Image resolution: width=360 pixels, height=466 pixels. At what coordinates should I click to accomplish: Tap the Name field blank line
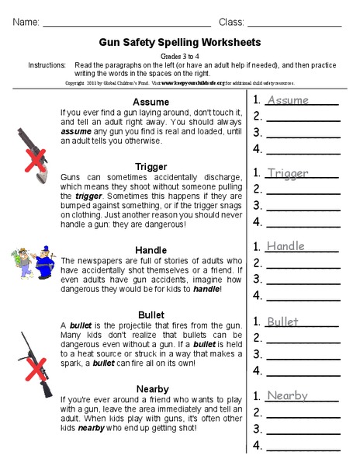click(129, 24)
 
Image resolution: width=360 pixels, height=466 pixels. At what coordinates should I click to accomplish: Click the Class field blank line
click(294, 24)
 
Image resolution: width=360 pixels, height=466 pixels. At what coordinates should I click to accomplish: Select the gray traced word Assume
click(287, 100)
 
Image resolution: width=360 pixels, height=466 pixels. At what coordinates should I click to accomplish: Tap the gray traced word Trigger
click(287, 173)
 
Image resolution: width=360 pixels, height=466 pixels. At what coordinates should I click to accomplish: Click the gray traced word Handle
click(285, 246)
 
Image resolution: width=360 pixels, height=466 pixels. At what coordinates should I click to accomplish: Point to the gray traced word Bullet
click(282, 322)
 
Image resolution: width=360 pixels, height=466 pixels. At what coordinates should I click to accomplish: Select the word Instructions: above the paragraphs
click(47, 66)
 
